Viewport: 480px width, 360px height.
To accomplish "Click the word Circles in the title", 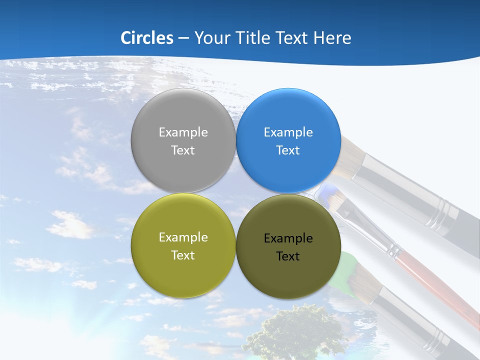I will click(147, 38).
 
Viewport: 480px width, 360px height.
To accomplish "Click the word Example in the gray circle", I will click(183, 132).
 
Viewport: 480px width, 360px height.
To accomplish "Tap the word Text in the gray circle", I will click(183, 150).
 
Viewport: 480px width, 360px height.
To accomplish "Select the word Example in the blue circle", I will click(288, 132).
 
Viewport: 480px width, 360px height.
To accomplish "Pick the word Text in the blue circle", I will click(288, 150).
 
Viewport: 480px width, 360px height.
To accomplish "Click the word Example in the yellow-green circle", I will click(183, 237).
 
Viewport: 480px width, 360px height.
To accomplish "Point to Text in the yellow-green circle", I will click(183, 255).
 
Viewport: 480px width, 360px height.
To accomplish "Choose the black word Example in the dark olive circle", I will click(288, 238).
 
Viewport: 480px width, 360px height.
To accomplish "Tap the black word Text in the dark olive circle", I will click(288, 256).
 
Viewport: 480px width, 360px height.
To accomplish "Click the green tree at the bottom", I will click(295, 332).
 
